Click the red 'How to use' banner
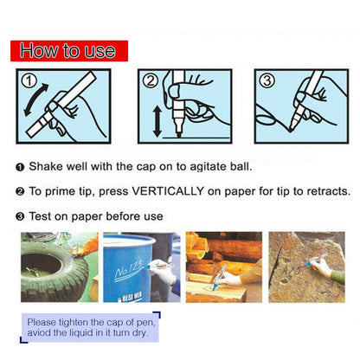69,51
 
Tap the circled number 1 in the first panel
29,81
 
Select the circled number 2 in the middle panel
151,81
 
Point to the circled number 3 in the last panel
267,80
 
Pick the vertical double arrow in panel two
157,121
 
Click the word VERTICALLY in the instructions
168,191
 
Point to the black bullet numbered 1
20,167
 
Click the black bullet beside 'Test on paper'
20,216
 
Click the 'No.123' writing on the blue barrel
129,270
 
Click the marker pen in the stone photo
317,260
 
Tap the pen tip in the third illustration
291,130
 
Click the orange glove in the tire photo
87,248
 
